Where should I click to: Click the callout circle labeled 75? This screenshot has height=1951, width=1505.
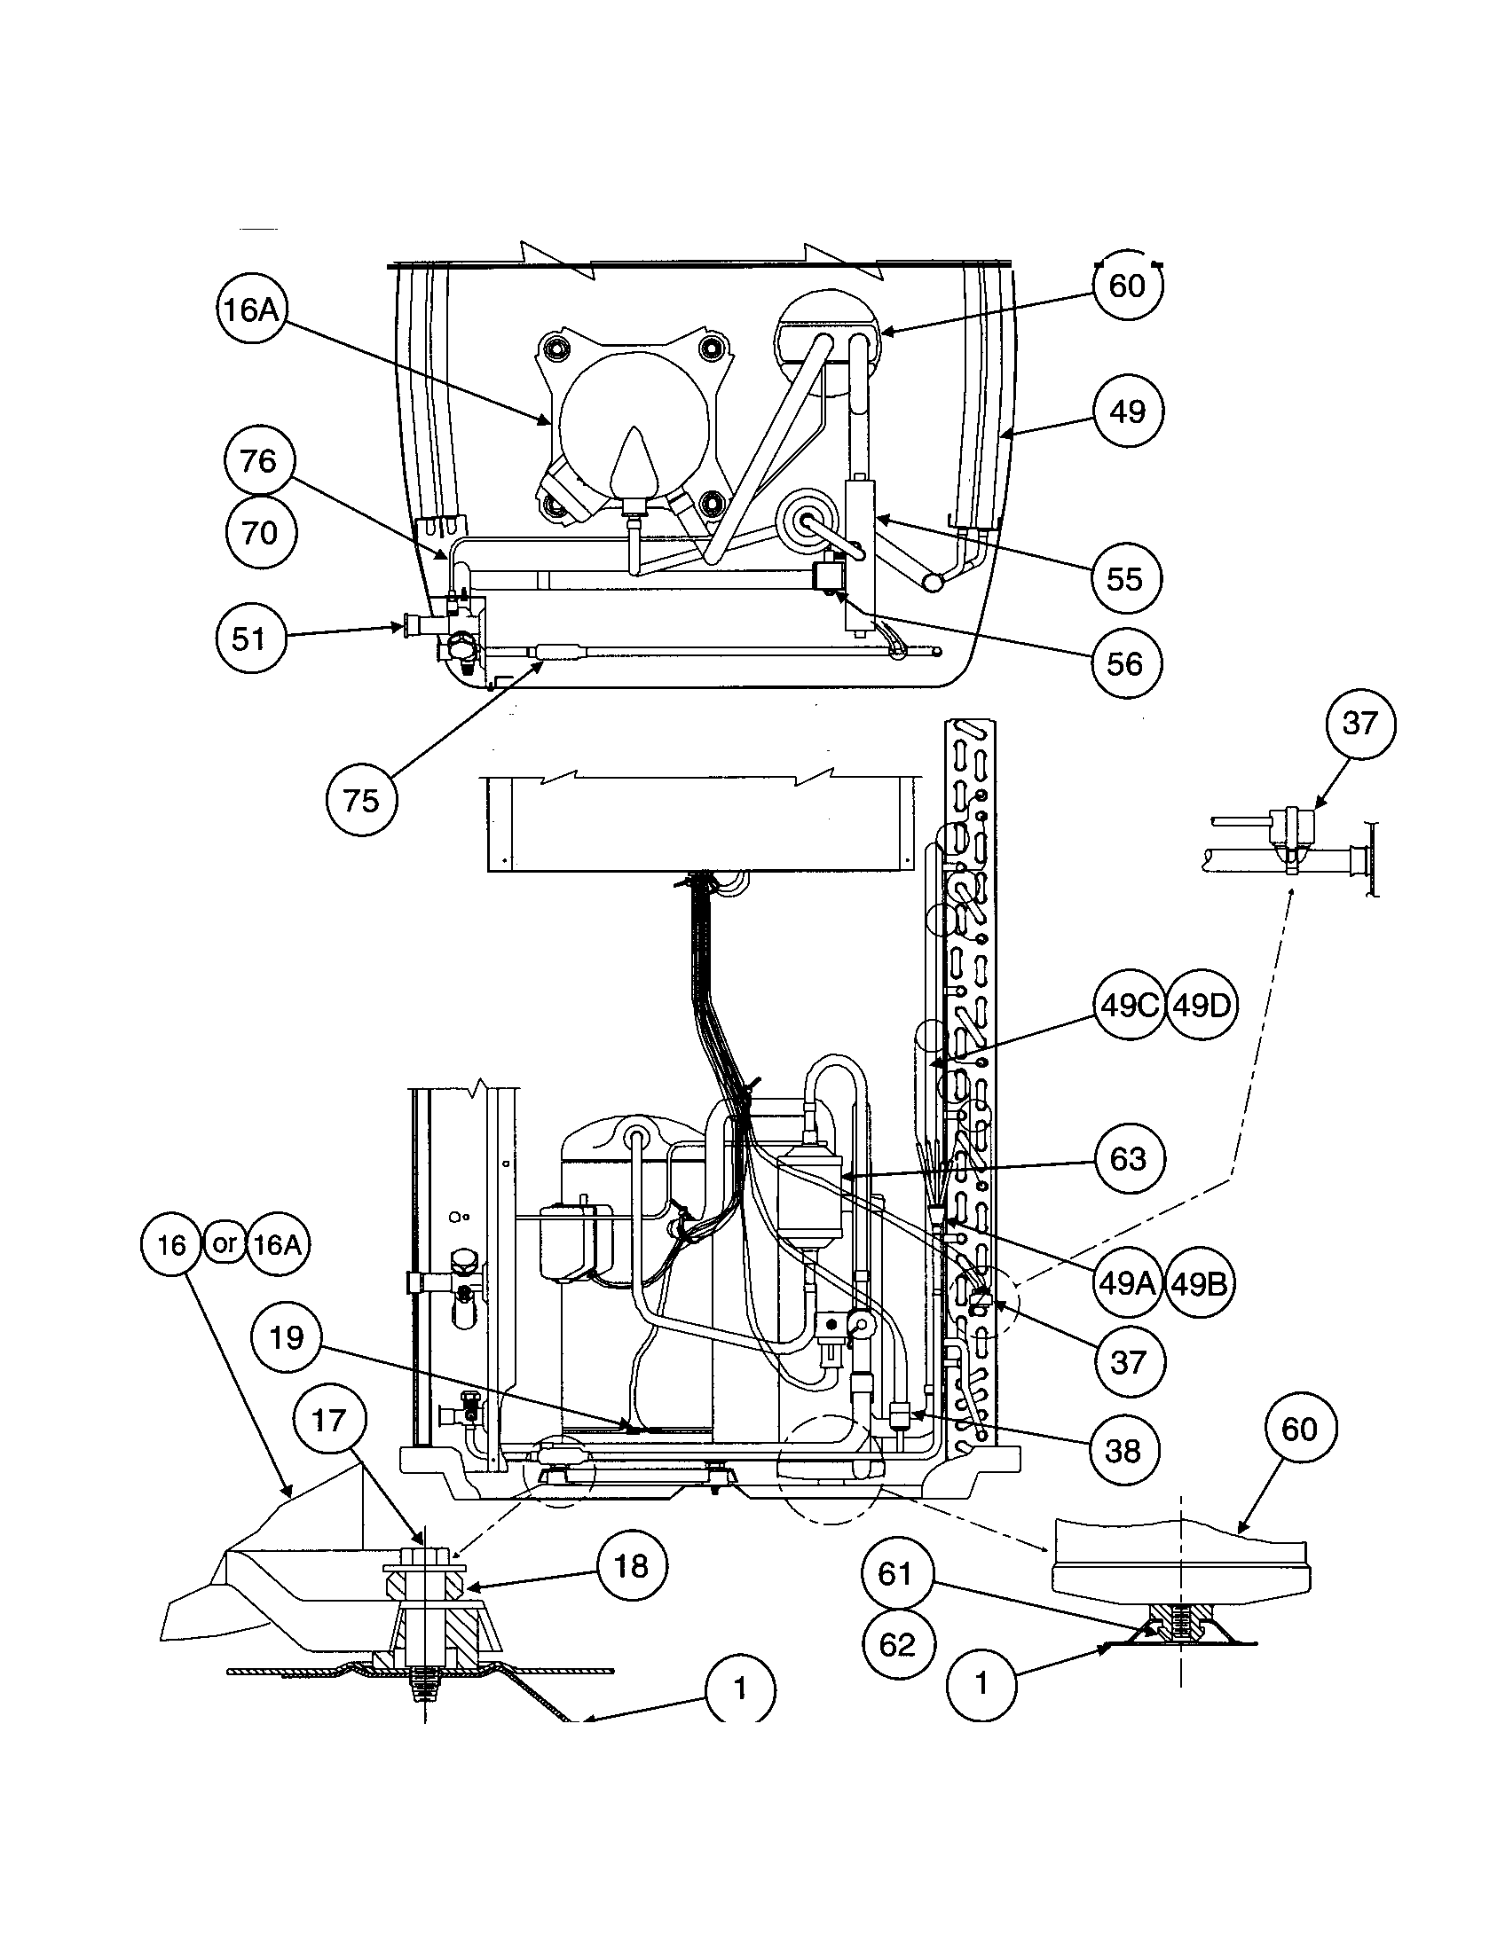(x=360, y=800)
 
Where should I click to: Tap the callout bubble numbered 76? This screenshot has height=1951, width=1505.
(x=258, y=461)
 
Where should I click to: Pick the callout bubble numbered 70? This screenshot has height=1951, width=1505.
(x=258, y=533)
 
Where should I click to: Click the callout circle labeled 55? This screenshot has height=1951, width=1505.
(x=1125, y=578)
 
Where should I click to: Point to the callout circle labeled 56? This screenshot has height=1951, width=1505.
(x=1125, y=663)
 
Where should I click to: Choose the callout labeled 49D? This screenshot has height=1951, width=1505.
(x=1202, y=1006)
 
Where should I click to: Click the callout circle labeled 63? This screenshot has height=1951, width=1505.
(x=1127, y=1159)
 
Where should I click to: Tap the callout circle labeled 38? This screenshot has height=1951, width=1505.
(x=1123, y=1451)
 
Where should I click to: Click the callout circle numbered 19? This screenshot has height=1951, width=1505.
(x=286, y=1337)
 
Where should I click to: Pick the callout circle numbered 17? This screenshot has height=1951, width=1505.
(x=329, y=1420)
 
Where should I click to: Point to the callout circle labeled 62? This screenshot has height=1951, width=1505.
(x=897, y=1644)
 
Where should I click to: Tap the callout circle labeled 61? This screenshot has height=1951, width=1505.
(x=897, y=1573)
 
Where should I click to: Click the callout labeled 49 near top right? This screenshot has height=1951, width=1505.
(x=1127, y=411)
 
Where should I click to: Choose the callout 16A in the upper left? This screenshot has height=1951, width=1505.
(x=252, y=310)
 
